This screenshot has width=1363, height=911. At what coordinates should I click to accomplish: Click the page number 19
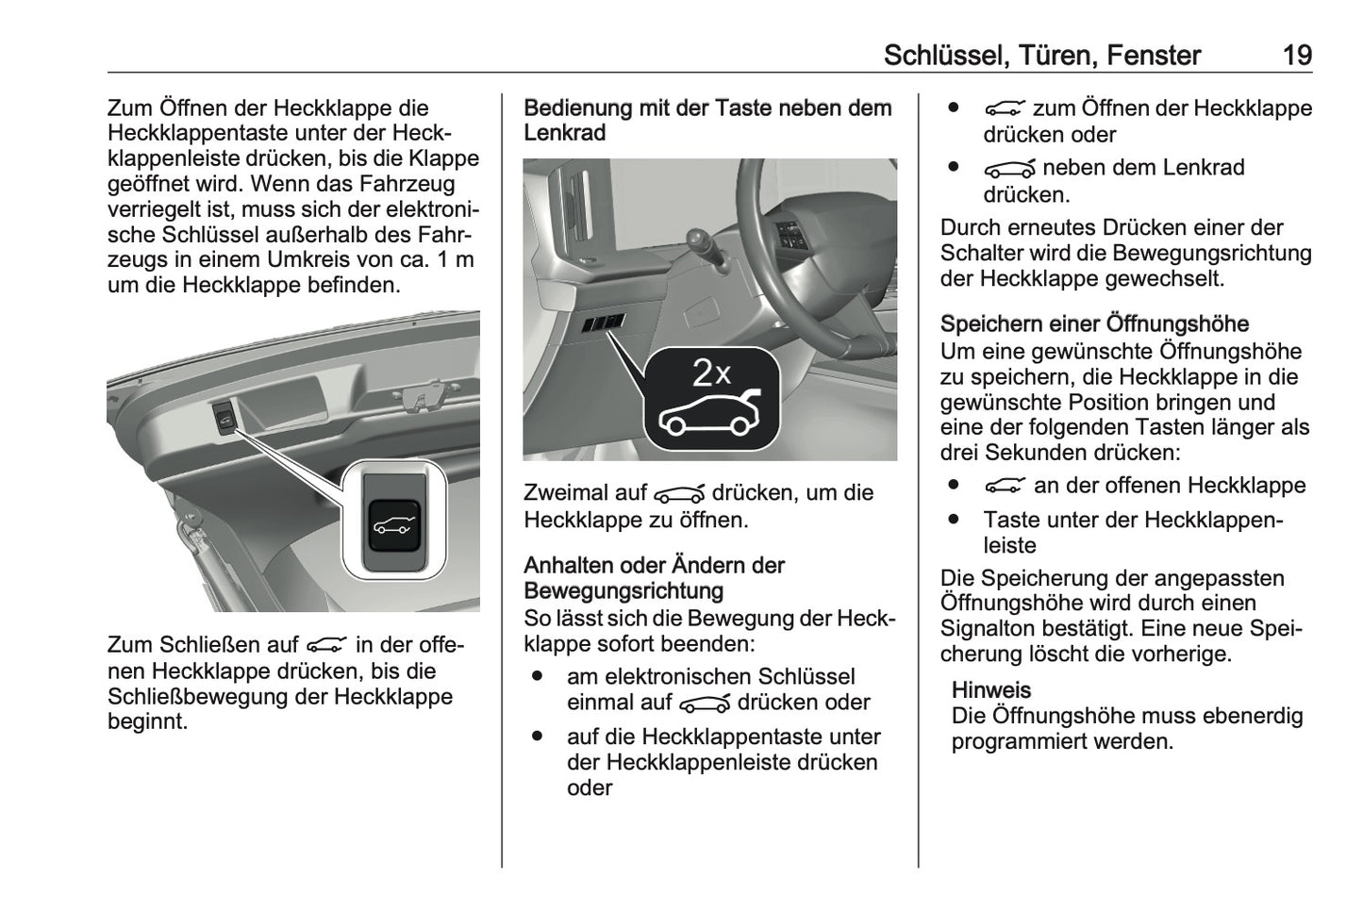click(1297, 56)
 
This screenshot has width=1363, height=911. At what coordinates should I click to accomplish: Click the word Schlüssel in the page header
click(943, 56)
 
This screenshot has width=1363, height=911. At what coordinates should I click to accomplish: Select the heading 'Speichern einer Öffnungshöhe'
click(1094, 324)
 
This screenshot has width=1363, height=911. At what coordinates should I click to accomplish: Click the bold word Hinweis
click(990, 690)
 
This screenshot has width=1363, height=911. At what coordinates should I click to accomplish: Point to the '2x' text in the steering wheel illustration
click(712, 373)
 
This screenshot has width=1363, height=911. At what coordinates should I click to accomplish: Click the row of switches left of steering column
click(602, 323)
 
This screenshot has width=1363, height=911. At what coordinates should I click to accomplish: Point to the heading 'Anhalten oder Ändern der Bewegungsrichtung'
click(654, 578)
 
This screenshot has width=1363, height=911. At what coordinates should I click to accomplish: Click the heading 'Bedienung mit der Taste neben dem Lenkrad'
click(707, 121)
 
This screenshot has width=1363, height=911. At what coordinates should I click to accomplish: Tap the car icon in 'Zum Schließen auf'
click(326, 645)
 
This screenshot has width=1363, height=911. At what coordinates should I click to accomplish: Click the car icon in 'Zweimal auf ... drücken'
click(679, 494)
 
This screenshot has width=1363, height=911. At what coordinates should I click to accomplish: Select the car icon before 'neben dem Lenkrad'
click(1008, 169)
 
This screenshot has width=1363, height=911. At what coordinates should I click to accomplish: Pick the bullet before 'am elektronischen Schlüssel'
click(537, 677)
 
